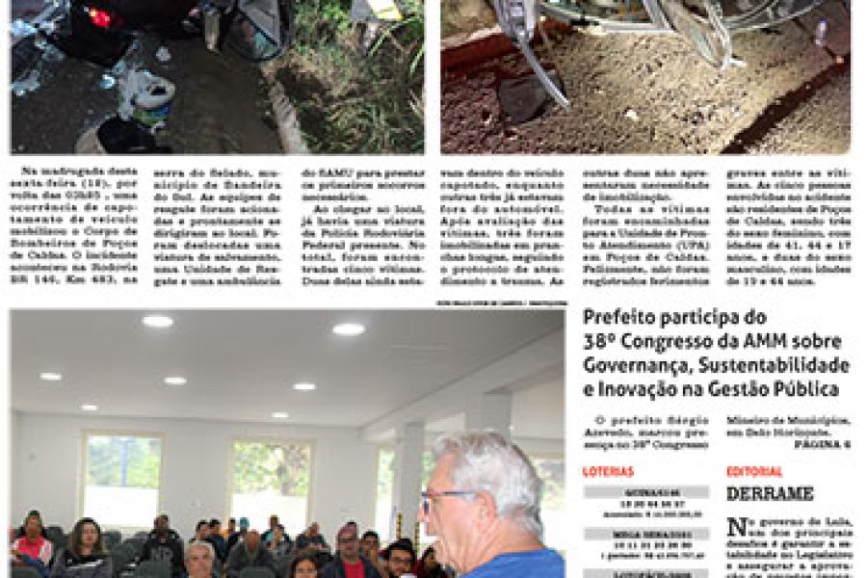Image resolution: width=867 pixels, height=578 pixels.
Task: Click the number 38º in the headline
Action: coord(601,341)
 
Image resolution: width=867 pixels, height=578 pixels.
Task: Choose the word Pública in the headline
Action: coord(808,389)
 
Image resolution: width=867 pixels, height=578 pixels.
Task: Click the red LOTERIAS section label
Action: coord(608,472)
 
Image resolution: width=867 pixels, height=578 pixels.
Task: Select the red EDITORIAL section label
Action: coord(754,472)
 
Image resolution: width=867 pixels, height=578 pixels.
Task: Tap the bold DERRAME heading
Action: coord(770,493)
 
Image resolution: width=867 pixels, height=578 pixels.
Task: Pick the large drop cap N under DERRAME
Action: coord(737,529)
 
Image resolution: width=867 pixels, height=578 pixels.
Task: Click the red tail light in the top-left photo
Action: coord(99,17)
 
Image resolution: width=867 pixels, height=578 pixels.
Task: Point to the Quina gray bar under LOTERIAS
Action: coord(645,492)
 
